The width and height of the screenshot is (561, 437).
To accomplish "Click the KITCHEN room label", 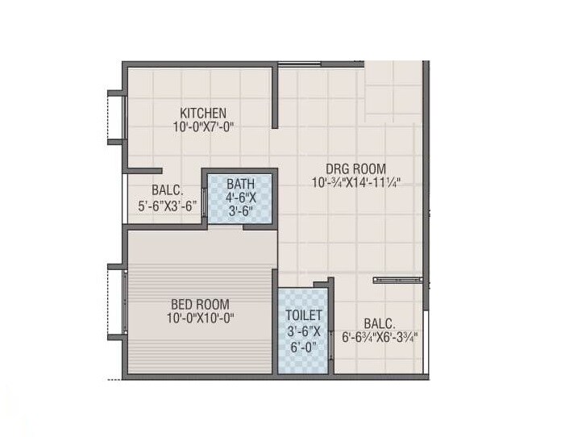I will pos(203,113).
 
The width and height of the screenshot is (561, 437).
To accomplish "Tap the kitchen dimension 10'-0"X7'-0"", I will pos(203,127).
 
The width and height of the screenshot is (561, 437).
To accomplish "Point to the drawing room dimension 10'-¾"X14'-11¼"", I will pos(356,183).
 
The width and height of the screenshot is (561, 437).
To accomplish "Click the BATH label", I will pos(240,183).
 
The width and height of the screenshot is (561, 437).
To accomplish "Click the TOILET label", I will pos(304,315).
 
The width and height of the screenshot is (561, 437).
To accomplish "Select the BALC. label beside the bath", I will pos(167,191).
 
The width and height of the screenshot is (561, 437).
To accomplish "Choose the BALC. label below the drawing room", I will pos(379,321).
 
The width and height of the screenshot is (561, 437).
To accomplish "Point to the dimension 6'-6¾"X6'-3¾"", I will pos(379,336).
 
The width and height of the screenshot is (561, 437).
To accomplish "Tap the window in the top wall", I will pos(299,63).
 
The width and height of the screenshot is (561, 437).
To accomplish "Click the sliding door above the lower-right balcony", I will pos(398,280).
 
